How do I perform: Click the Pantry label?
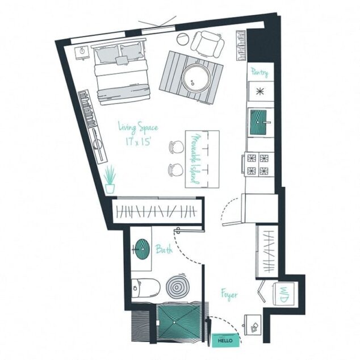tap(259, 73)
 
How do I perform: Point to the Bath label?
tap(164, 249)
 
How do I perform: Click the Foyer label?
tap(229, 295)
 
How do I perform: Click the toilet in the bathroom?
tap(141, 289)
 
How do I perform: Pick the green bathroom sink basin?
tap(142, 247)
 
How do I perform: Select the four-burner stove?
tap(258, 165)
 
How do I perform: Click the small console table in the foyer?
tap(252, 324)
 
